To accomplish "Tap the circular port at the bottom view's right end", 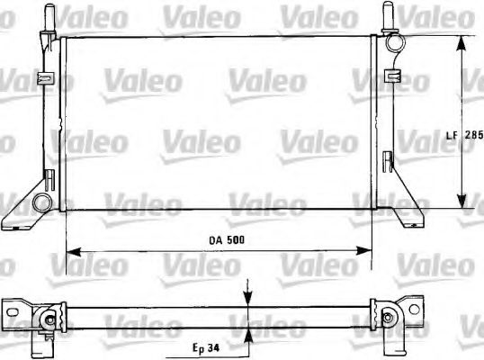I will point(390,315).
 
